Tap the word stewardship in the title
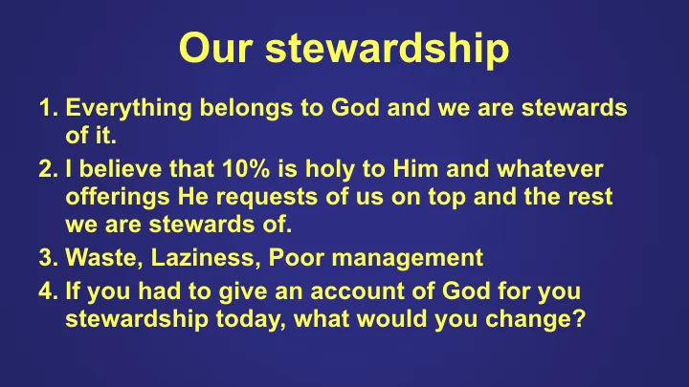coord(387,50)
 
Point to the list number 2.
coord(48,170)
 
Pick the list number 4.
coord(48,290)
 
